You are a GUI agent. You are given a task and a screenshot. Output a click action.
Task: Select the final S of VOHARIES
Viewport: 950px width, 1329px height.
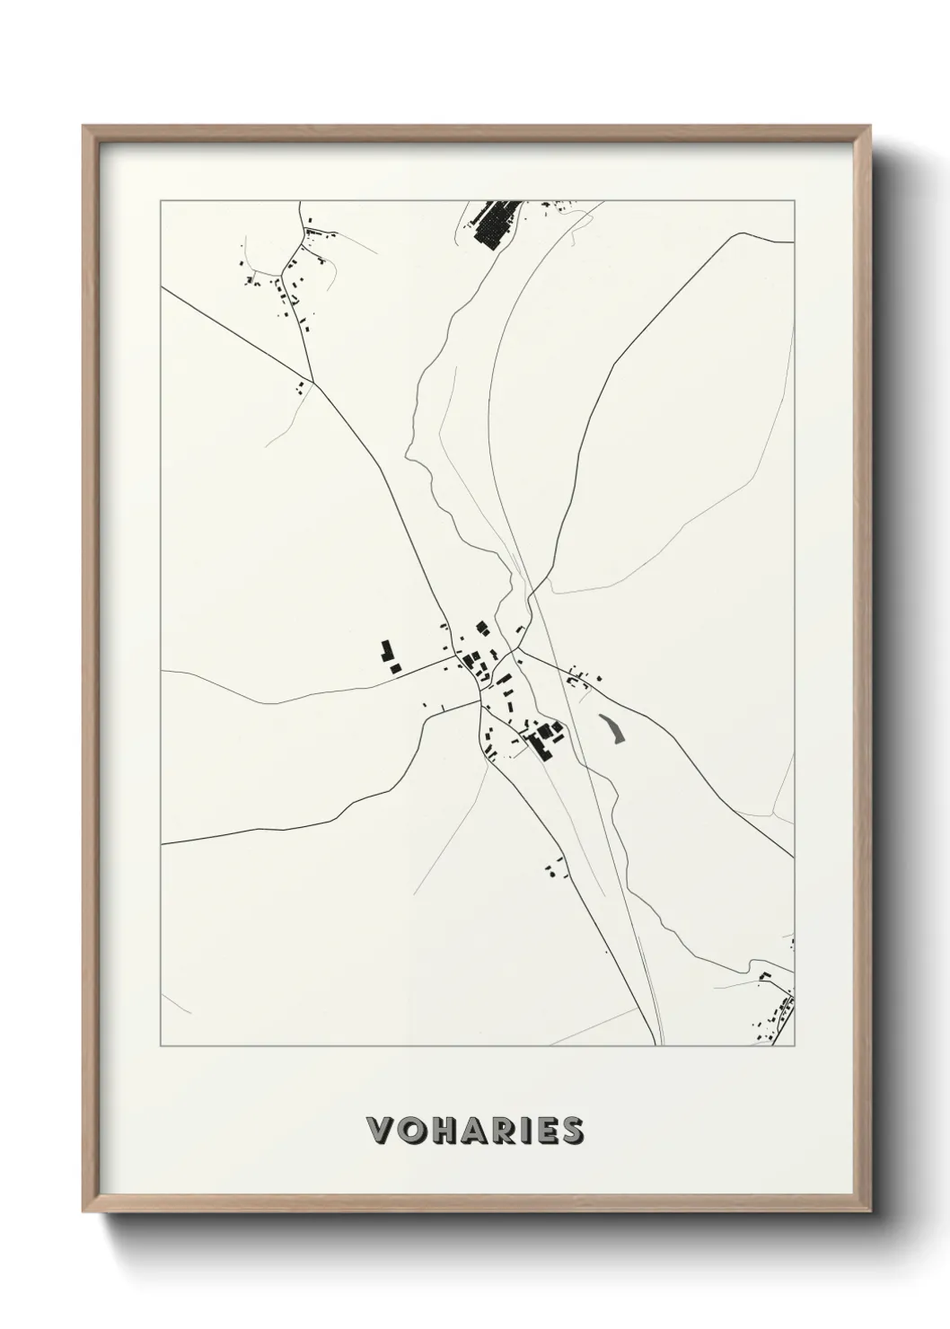(x=571, y=1131)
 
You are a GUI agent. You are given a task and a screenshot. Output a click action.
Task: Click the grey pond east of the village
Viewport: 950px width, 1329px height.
(x=611, y=728)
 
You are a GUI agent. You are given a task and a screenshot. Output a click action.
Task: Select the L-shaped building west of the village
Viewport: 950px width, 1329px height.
(x=386, y=650)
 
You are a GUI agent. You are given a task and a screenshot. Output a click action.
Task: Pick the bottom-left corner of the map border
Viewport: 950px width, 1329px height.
(x=161, y=1045)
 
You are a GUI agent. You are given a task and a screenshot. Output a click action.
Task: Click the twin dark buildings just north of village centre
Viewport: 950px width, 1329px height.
(x=481, y=626)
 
